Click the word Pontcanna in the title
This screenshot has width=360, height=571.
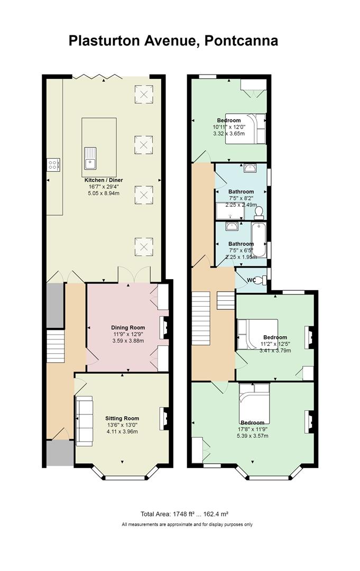coord(242,40)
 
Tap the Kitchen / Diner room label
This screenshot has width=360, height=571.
coord(104,180)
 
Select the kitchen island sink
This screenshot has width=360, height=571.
coord(90,158)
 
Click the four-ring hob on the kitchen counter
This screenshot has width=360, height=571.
coord(53,164)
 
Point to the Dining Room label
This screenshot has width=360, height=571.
coord(128,327)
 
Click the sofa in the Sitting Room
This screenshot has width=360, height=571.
coord(84,421)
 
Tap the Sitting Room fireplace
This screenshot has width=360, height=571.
coord(164,419)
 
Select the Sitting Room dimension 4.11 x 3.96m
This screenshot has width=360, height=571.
coord(122,431)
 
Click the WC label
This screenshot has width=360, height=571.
coord(251,280)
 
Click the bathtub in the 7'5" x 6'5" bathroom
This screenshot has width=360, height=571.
coord(259,240)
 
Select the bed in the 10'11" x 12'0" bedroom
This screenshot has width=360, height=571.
coord(246,129)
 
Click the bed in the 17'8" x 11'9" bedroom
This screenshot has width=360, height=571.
coord(254,398)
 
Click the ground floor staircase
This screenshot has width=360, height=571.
coord(56,346)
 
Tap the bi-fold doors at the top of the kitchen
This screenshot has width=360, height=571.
coord(97,77)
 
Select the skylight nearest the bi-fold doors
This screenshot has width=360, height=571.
coord(144,94)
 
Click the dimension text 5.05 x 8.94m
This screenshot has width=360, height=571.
coord(104,193)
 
